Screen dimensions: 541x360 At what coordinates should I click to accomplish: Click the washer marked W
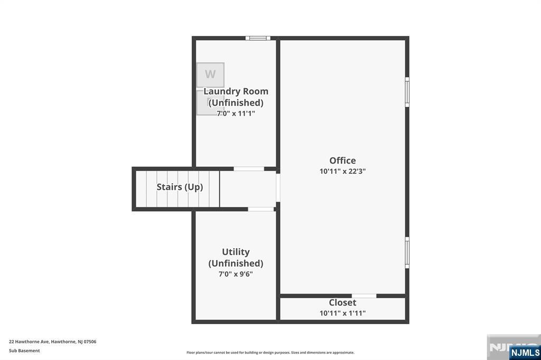coord(210,75)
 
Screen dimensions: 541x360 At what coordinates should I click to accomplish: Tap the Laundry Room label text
coord(236,91)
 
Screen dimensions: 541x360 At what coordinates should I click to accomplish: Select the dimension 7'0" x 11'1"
coord(236,113)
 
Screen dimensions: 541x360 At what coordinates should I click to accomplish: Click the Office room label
coord(342,160)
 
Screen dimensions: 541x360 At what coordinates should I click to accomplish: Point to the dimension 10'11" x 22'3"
coord(342,171)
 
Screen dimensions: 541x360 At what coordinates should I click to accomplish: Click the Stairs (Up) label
coord(180,187)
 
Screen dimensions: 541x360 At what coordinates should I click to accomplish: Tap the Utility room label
coord(236,252)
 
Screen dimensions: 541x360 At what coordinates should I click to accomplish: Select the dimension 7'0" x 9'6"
coord(236,274)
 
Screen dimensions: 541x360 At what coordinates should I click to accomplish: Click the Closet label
coord(342,302)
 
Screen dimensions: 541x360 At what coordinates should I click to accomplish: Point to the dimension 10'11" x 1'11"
coord(342,313)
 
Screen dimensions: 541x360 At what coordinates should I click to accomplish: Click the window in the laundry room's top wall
coord(258,38)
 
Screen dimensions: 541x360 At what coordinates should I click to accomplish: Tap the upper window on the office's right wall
coord(407,92)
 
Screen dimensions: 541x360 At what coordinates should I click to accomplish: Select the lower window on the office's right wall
coord(407,253)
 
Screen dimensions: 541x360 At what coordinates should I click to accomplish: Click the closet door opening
coord(364,296)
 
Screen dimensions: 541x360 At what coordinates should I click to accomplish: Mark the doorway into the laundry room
coord(249,169)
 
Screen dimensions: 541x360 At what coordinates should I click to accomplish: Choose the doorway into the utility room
coord(261,210)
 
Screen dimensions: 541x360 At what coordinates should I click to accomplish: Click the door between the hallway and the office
coord(278,187)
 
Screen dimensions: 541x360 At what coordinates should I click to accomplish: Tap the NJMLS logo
coord(525,353)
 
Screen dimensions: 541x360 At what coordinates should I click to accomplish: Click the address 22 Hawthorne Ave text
coord(30,342)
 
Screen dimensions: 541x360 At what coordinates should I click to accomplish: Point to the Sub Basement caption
coord(24,350)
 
